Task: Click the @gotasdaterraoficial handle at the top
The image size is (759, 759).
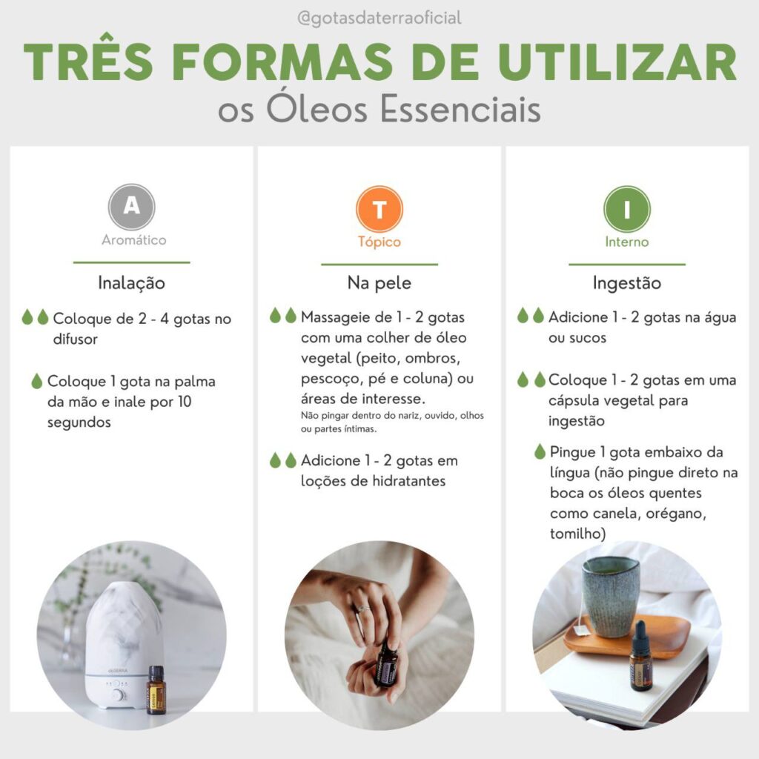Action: pyautogui.click(x=379, y=19)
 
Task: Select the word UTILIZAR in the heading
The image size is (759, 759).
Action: pyautogui.click(x=617, y=62)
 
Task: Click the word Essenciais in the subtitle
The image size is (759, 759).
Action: pyautogui.click(x=460, y=110)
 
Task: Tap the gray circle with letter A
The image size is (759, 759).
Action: pyautogui.click(x=132, y=207)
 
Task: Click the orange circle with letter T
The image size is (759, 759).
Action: pyautogui.click(x=379, y=209)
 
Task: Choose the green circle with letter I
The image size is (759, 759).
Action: pyautogui.click(x=627, y=209)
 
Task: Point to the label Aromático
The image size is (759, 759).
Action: pyautogui.click(x=133, y=239)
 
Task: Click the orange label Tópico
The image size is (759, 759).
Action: pyautogui.click(x=379, y=242)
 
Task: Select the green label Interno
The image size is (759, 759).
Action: pyautogui.click(x=627, y=242)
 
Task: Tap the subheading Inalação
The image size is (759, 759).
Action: pyautogui.click(x=132, y=282)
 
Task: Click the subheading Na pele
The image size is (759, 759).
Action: pyautogui.click(x=379, y=282)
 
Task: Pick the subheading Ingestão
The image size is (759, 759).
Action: pyautogui.click(x=627, y=282)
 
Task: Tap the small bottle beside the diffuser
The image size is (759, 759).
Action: pyautogui.click(x=156, y=690)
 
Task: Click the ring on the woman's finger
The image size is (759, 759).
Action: pyautogui.click(x=362, y=608)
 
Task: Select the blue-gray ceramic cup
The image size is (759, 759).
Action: pyautogui.click(x=611, y=596)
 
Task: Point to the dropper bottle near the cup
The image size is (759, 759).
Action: pyautogui.click(x=640, y=657)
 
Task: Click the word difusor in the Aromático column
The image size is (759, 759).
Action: pyautogui.click(x=76, y=339)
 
